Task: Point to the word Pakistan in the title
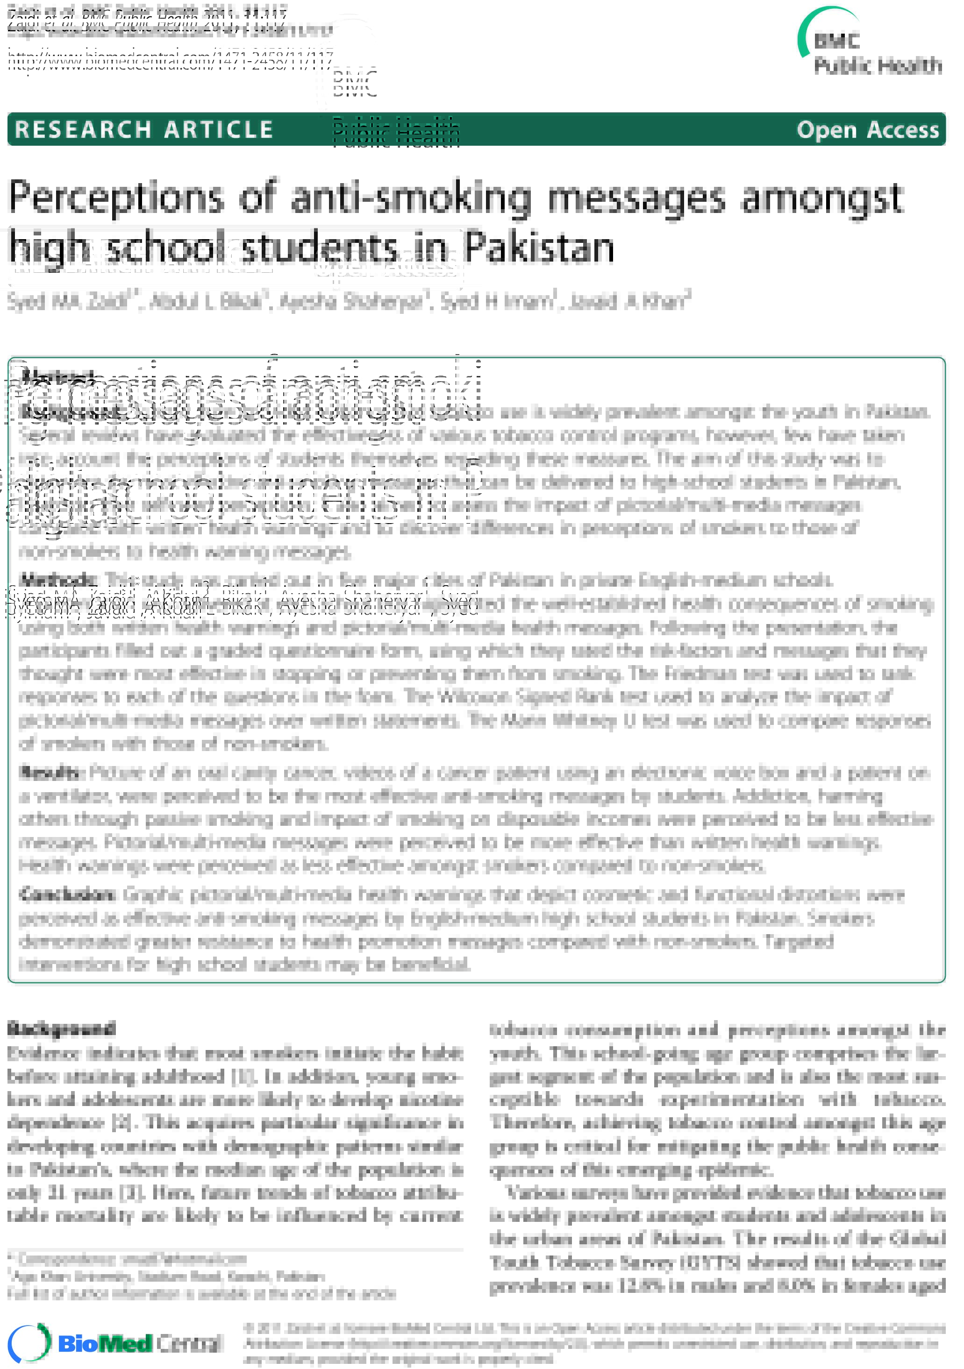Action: coord(539,248)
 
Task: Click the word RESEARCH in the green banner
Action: coord(84,130)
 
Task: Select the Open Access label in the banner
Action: coord(867,130)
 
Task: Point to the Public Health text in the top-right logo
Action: coord(878,65)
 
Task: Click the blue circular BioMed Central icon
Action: coord(29,1342)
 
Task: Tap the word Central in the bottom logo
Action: coord(189,1343)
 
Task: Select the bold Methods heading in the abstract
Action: coord(58,580)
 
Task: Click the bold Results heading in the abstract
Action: coord(50,773)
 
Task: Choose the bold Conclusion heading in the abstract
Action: coord(67,894)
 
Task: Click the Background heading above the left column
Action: coord(61,1029)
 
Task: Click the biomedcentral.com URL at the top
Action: coord(170,61)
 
